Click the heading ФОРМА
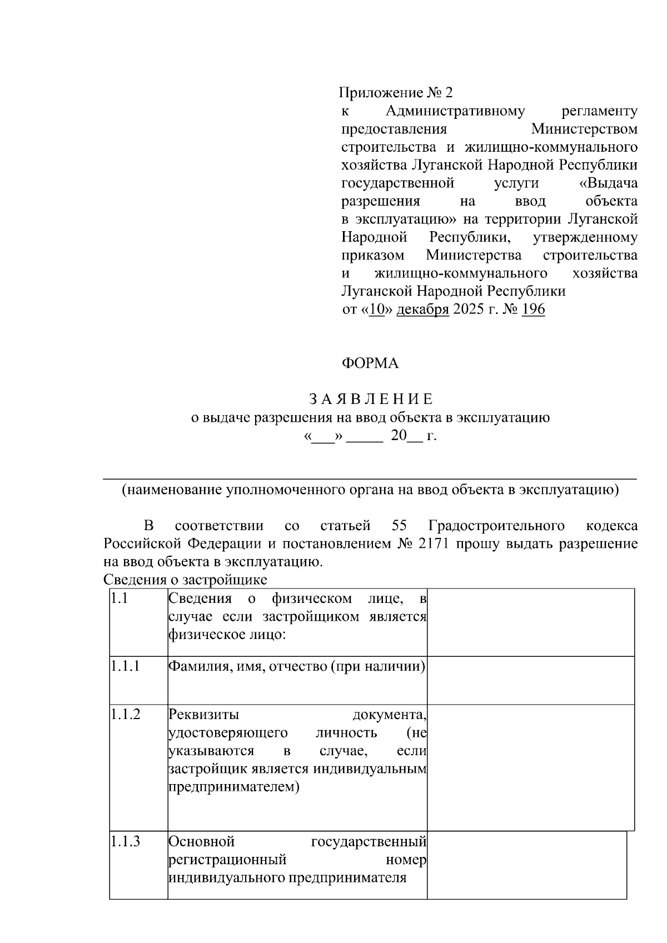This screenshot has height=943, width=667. click(370, 363)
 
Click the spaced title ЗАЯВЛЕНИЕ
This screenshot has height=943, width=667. click(371, 400)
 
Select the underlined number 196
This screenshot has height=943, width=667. click(534, 310)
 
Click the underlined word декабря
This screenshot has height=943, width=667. click(422, 310)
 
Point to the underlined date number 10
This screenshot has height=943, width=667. click(377, 310)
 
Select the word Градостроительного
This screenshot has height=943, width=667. click(496, 526)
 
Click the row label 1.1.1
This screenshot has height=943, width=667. click(125, 666)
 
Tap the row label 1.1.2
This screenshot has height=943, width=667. click(125, 714)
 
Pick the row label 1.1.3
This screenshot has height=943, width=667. click(125, 841)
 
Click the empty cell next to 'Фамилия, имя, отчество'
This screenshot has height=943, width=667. click(530, 680)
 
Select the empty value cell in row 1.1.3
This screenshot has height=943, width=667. click(526, 864)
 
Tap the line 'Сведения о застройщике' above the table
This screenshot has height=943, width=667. click(185, 580)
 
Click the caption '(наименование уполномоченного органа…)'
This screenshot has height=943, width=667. click(370, 490)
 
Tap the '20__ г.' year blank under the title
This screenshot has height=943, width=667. click(414, 436)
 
